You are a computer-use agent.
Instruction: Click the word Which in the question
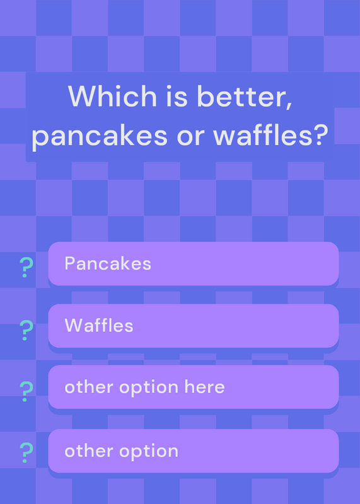click(x=112, y=96)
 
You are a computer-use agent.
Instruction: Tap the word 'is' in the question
click(x=177, y=96)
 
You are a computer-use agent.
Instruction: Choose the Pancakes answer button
click(x=194, y=263)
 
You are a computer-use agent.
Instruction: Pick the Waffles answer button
click(x=194, y=326)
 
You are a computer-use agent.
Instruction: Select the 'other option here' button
click(x=194, y=387)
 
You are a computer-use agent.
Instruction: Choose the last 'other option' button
click(x=194, y=450)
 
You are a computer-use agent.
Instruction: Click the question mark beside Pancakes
click(x=26, y=267)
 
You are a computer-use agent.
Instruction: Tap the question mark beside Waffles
click(x=26, y=330)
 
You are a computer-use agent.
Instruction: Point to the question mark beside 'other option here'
click(x=26, y=391)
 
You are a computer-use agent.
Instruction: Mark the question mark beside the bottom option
click(x=26, y=452)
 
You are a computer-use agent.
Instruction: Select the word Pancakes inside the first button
click(x=108, y=263)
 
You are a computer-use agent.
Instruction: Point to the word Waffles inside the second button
click(x=99, y=326)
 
